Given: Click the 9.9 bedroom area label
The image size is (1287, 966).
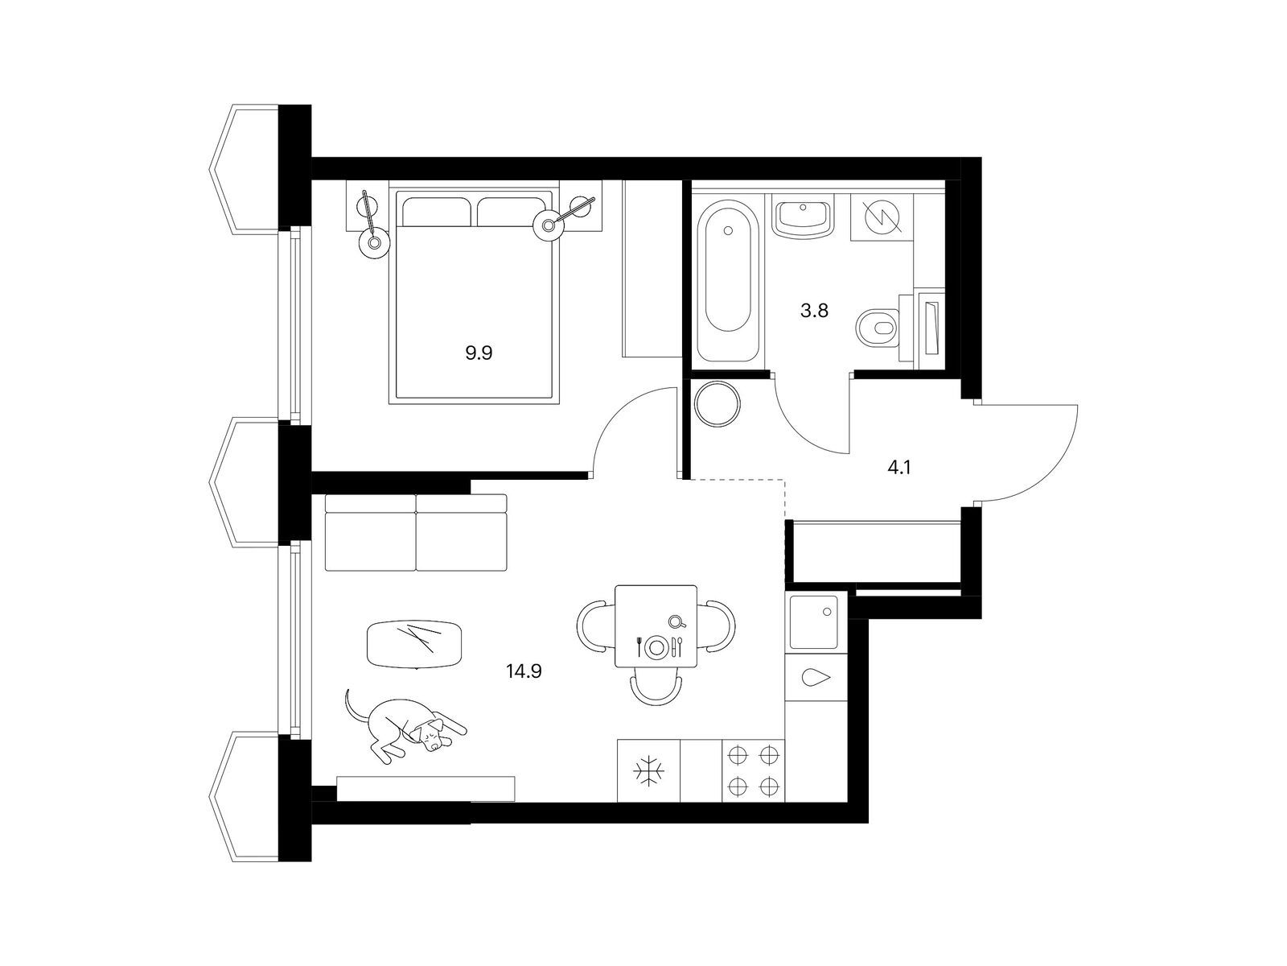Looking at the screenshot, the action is (479, 353).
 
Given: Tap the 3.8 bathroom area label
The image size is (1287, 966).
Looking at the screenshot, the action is (814, 311).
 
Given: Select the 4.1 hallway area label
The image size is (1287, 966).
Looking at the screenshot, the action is (898, 468).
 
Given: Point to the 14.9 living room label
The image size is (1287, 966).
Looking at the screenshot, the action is (524, 671).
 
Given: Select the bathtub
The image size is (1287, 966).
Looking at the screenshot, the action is (729, 275).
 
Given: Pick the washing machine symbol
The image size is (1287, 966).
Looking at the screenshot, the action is (882, 217).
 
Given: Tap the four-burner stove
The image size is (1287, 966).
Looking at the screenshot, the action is (753, 770).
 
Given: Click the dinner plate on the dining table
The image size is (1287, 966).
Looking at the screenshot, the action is (656, 647).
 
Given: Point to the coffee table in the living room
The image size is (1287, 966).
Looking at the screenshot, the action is (414, 644).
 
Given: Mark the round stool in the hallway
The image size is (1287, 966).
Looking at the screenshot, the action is (717, 403).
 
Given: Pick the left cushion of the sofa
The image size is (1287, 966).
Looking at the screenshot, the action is (371, 533).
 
